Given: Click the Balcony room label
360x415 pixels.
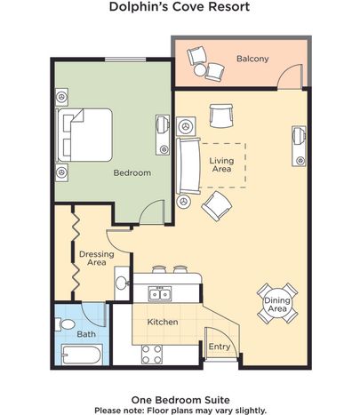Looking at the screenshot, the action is point(252,59).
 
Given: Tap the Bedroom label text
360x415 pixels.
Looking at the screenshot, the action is point(132,172).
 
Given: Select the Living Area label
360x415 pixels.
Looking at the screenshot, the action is point(221,165).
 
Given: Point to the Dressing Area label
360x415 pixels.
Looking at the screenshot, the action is point(97,258).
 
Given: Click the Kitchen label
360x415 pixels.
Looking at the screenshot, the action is point(163,322).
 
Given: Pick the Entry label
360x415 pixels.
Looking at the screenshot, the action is point(220,347).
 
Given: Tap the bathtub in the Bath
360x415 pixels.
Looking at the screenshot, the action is point(82,355).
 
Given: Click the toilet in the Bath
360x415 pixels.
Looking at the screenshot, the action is point(65,324).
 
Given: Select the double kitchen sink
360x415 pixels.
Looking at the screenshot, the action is point(160,293).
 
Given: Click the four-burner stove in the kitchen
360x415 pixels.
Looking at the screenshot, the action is point(152,355).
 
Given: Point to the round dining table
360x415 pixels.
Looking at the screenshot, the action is point(277,303).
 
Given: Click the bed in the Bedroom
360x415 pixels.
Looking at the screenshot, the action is point(84,135).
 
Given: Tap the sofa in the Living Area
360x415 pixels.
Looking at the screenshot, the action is point(188,166).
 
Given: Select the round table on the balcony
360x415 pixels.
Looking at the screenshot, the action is point(199,70).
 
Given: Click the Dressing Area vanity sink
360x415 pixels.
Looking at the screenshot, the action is point(121,283).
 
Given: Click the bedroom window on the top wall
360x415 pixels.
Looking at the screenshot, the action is point(125,60).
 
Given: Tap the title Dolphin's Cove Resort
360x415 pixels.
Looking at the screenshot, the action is point(180,6).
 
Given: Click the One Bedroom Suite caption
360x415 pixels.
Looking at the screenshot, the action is point(180,400).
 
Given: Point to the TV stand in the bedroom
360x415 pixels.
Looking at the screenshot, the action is point(163,135).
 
